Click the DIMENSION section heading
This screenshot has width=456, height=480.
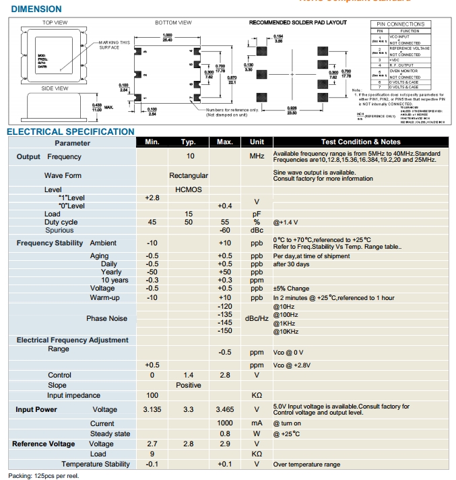click(36, 9)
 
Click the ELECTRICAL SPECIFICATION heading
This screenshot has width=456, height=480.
click(71, 131)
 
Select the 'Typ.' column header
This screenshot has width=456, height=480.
click(189, 142)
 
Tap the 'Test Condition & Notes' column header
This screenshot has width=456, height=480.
click(360, 142)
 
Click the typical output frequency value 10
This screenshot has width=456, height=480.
click(191, 156)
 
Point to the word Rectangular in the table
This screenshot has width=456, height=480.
click(189, 176)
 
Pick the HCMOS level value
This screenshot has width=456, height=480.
click(189, 190)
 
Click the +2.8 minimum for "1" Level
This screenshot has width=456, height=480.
click(152, 198)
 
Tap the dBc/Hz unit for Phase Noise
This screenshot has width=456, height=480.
click(257, 318)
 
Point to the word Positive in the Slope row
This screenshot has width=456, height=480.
click(189, 385)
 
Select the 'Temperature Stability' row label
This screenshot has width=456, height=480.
click(96, 464)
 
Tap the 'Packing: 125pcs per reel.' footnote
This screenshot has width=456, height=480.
click(44, 475)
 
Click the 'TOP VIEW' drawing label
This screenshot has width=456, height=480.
click(55, 22)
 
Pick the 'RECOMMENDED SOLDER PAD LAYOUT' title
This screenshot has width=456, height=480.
click(298, 22)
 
